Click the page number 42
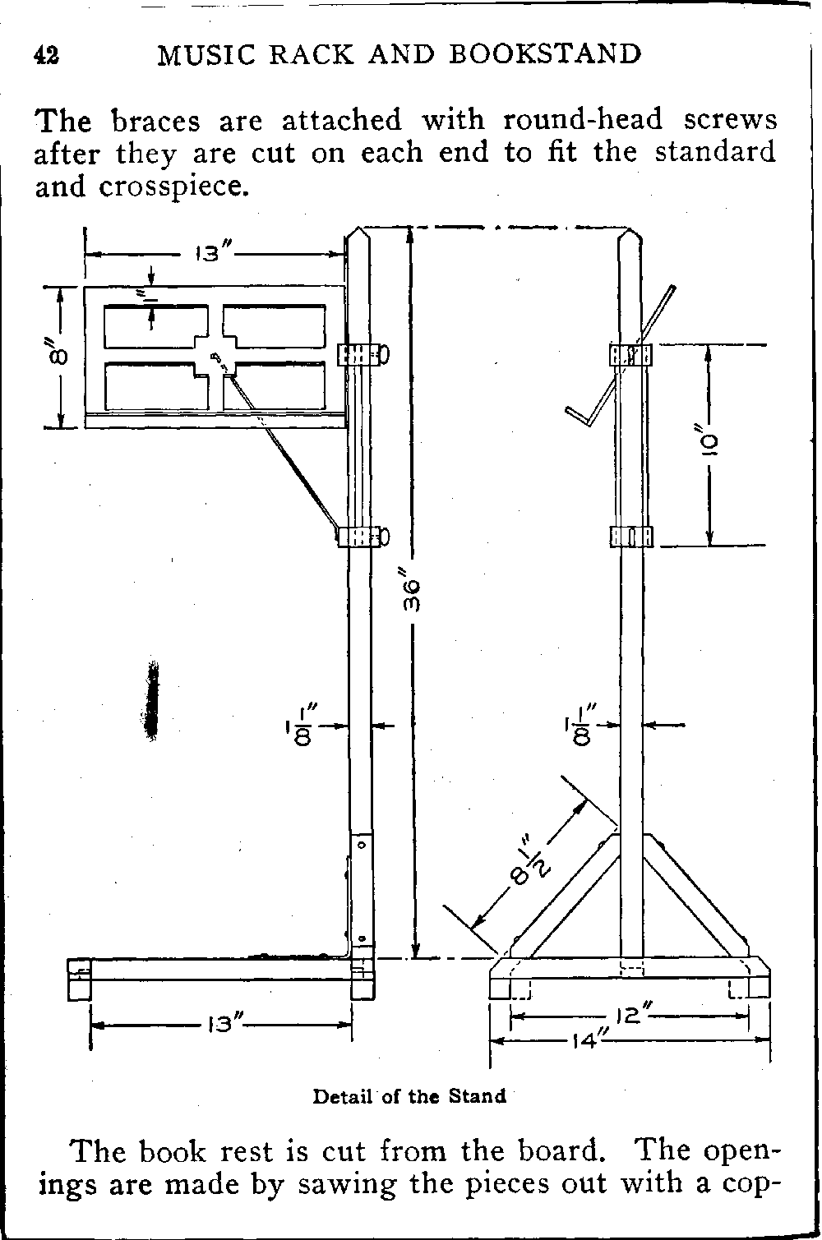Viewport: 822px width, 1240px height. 46,54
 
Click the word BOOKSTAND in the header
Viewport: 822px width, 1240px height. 546,54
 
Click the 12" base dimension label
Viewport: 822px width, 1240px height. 631,1016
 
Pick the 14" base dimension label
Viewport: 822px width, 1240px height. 589,1040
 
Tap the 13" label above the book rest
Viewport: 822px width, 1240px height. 215,253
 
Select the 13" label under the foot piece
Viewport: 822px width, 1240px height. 222,1024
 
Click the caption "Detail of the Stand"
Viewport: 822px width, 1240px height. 409,1095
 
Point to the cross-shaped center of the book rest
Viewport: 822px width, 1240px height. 215,357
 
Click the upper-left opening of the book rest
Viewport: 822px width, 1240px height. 155,327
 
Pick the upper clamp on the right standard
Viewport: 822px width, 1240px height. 630,354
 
